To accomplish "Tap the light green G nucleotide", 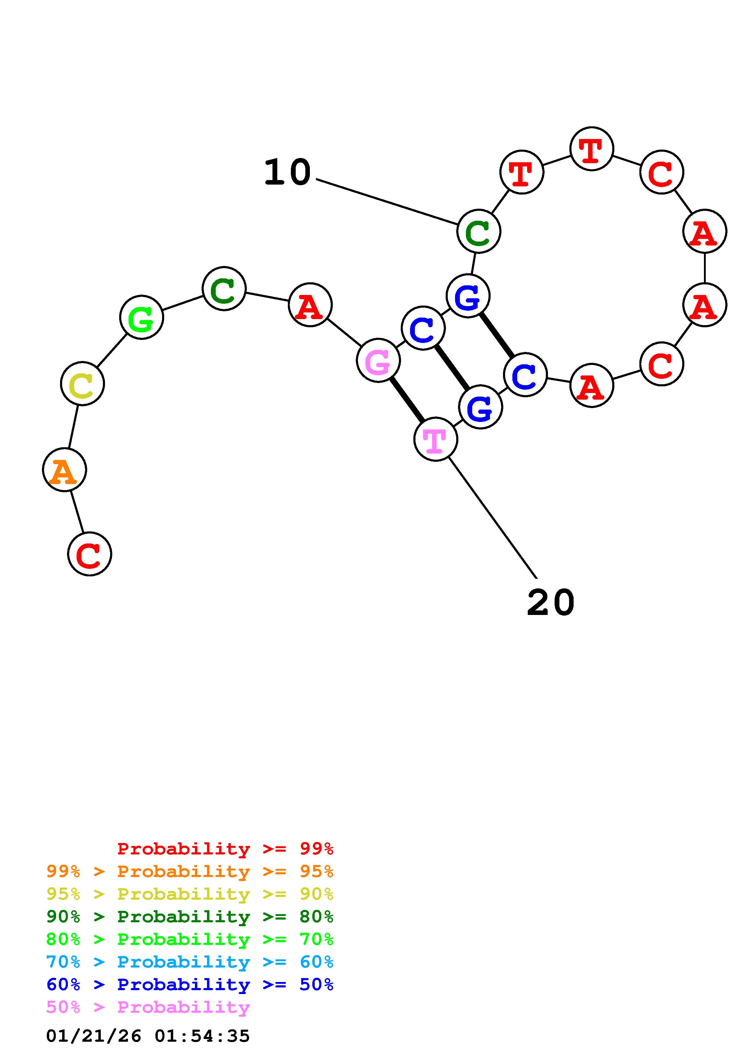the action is [x=142, y=318].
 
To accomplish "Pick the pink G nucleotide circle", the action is [x=378, y=360].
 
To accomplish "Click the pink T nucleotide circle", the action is [x=435, y=439].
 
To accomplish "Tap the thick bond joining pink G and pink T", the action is [x=407, y=400].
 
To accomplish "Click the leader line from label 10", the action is [x=387, y=202].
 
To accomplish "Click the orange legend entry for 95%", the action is [x=190, y=871].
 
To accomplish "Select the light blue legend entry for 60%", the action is [x=190, y=962].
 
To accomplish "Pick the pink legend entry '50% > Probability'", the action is [x=148, y=1007].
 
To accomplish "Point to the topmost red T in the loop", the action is [x=591, y=149].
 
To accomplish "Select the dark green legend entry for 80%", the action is [x=190, y=917].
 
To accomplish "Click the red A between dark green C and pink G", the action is [x=310, y=305].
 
